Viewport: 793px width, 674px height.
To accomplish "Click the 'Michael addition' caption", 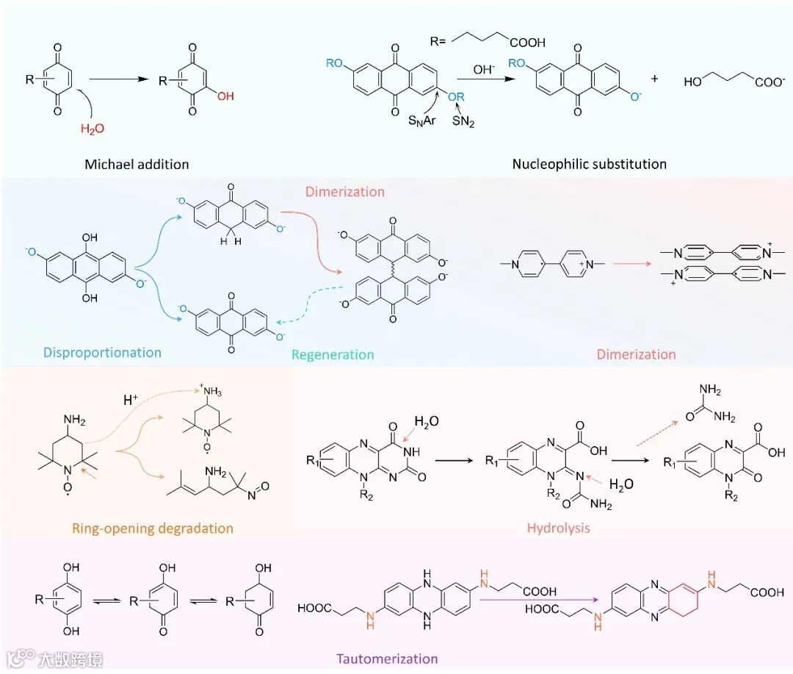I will pos(137,164).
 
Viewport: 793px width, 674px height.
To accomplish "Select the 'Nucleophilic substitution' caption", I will pos(590,163).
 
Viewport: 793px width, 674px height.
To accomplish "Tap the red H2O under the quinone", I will pos(93,129).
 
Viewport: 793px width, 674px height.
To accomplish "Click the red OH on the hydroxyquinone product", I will pos(225,96).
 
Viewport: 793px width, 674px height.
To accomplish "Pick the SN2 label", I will pos(463,122).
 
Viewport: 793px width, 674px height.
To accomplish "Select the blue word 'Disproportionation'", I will pos(102,352).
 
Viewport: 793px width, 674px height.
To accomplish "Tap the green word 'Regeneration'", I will pos(333,354).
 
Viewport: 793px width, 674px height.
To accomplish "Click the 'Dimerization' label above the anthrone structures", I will pos(344,192).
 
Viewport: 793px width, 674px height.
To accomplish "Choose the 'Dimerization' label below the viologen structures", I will pos(636,354).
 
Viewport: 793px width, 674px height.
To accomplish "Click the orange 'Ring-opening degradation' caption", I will pos(153,528).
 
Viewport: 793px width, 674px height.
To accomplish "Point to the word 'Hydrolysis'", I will pos(558,528).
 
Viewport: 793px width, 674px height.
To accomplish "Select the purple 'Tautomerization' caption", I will pos(386,658).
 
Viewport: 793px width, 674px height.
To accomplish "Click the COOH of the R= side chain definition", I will pos(526,42).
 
